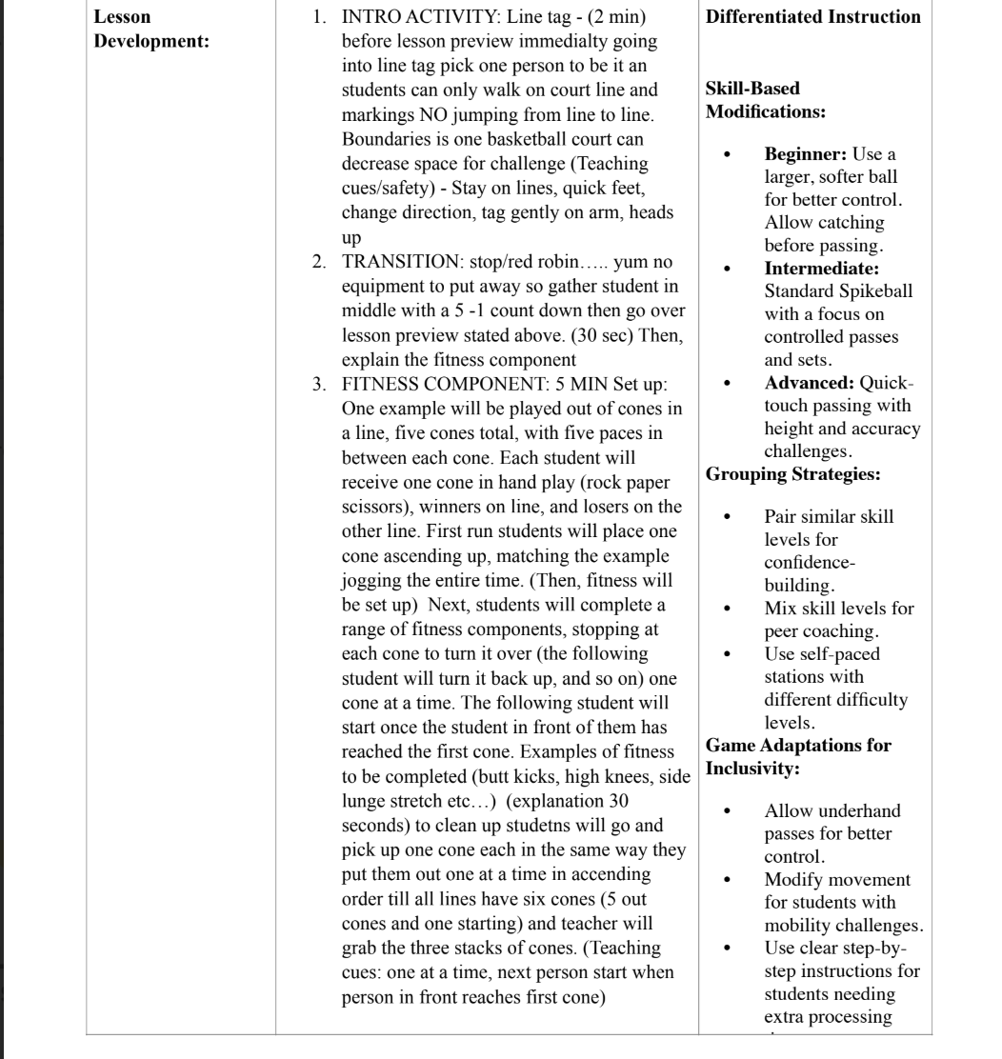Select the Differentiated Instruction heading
pyautogui.click(x=813, y=17)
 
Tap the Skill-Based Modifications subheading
pyautogui.click(x=765, y=100)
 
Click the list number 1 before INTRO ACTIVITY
pyautogui.click(x=319, y=17)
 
